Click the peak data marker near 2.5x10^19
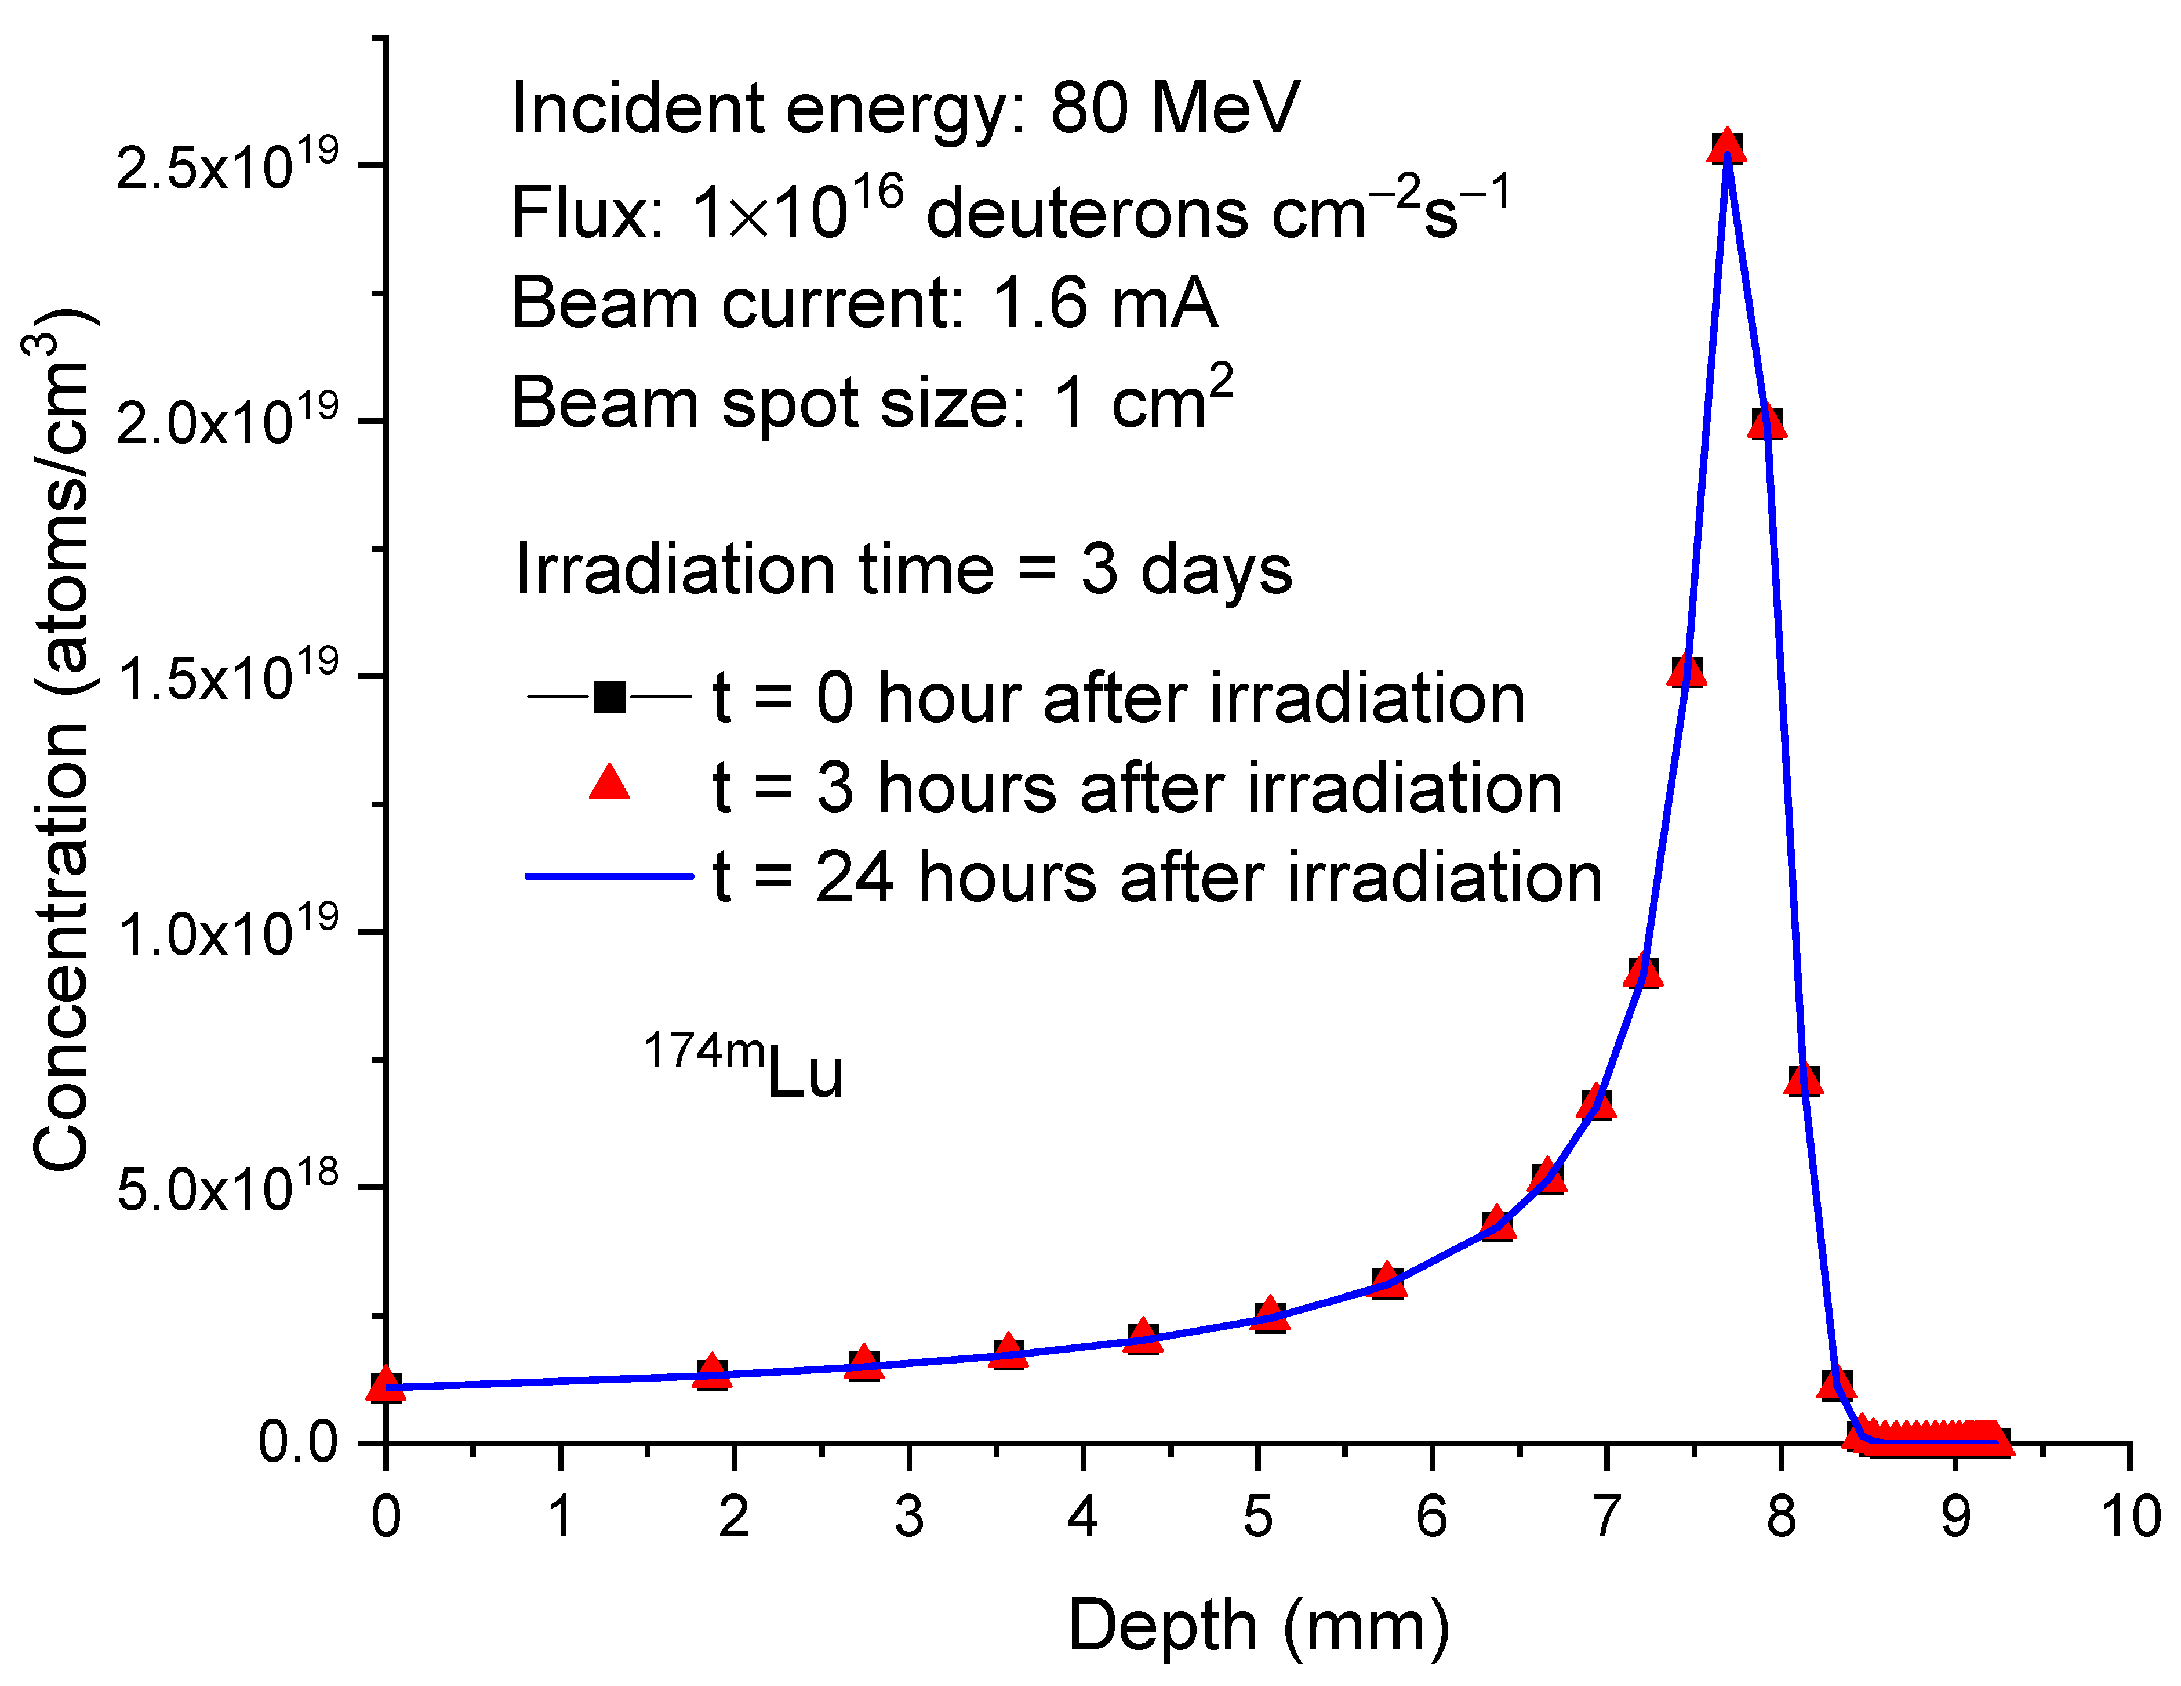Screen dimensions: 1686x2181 1726,148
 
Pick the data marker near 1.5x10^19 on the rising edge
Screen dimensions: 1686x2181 1686,671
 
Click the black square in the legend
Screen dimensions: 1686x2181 609,696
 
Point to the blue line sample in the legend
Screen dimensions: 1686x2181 609,876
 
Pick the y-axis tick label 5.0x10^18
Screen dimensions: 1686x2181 228,1187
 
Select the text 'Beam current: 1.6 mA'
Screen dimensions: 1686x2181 864,304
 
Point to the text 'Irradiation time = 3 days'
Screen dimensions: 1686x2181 903,570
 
